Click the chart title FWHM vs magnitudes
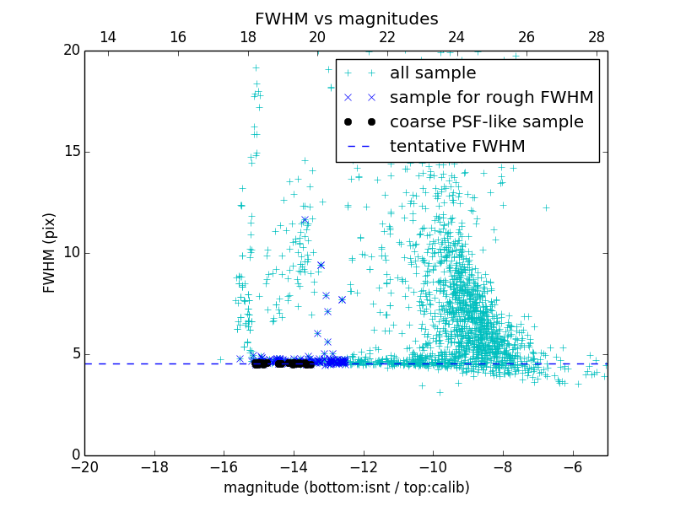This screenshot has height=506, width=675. point(346,19)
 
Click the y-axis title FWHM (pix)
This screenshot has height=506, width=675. point(50,253)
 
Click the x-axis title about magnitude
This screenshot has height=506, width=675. point(346,487)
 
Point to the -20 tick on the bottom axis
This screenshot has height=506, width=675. point(84,466)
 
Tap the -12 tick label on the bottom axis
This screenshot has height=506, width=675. point(364,466)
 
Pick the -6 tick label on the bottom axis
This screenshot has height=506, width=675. point(573,466)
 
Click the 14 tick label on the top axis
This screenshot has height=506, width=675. point(108,37)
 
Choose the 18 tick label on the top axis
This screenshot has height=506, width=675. point(248,37)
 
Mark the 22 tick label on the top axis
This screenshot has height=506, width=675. point(387,37)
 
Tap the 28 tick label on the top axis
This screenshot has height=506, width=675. point(597,37)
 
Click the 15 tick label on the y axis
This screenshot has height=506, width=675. point(70,152)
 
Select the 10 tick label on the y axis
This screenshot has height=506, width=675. point(70,253)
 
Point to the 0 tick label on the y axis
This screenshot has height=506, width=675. point(74,455)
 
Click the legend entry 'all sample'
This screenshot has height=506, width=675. point(433,73)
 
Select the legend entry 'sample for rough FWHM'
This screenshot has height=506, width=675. point(491,98)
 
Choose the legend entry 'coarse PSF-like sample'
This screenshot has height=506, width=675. point(486,122)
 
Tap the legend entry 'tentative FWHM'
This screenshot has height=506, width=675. point(457,147)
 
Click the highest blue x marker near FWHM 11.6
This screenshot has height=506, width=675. point(305,220)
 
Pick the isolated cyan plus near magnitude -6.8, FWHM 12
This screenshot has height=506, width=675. point(546,207)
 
